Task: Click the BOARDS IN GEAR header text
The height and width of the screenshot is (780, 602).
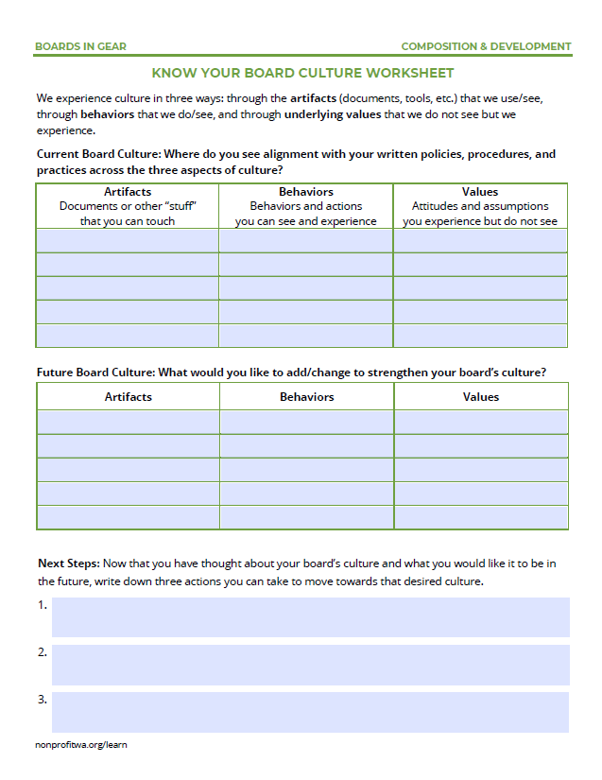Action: (80, 46)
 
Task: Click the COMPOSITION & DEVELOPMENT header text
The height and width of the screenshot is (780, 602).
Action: (486, 46)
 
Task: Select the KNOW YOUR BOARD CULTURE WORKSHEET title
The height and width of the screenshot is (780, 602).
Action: (302, 73)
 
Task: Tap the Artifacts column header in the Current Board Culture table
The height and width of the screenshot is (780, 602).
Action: (128, 192)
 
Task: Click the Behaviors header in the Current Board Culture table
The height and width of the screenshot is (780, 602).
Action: (306, 192)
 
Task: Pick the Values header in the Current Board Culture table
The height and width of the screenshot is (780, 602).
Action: (480, 192)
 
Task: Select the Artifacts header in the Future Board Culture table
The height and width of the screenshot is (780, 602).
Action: (128, 397)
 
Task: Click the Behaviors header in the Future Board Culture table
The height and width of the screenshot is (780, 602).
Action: (306, 397)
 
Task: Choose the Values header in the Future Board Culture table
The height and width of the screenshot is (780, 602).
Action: (480, 397)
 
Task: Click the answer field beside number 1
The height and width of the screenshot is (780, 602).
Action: (310, 616)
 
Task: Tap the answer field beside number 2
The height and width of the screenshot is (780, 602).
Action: (310, 665)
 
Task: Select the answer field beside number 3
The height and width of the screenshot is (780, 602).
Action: (310, 712)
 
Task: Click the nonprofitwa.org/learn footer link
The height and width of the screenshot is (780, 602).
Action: (81, 745)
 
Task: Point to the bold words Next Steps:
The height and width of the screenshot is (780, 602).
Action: (68, 563)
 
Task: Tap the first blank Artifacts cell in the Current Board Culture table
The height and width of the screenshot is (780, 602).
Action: (128, 240)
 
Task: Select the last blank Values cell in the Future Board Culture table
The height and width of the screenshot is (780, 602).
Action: (480, 517)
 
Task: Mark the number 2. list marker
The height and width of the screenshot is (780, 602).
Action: (43, 652)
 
